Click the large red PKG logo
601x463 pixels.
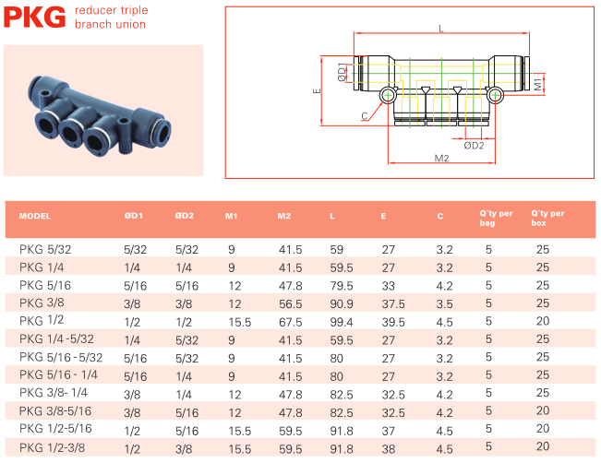34,18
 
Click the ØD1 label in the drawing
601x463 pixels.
342,72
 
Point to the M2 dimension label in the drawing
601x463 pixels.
441,158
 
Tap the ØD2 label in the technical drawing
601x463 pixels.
474,146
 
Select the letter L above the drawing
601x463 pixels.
441,29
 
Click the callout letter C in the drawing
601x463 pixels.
365,115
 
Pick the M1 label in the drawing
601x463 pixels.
537,84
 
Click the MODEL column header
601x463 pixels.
35,216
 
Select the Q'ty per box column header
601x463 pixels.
547,219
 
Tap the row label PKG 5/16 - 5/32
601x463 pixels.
61,357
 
